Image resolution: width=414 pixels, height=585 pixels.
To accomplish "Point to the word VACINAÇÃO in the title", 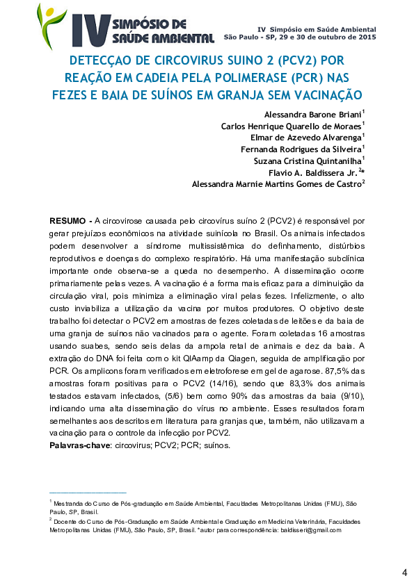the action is (x=328, y=94).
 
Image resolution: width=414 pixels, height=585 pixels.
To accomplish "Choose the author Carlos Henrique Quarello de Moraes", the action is (x=301, y=126).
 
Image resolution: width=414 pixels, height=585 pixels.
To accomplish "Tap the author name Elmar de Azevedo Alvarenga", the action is (x=310, y=138).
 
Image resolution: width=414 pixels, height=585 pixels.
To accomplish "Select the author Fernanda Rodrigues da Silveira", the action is (x=310, y=149).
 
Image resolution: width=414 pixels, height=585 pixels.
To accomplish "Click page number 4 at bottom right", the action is (x=404, y=572).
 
